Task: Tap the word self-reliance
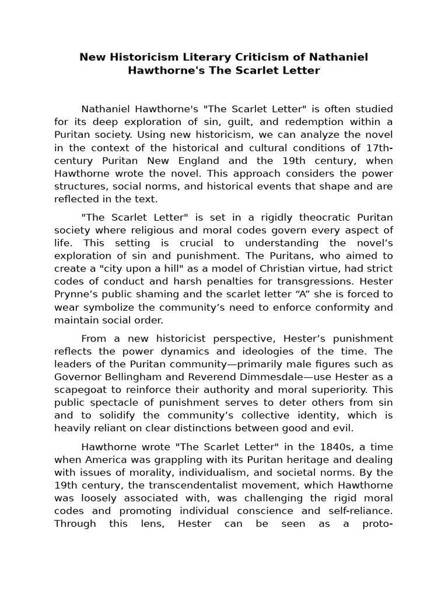click(x=363, y=512)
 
